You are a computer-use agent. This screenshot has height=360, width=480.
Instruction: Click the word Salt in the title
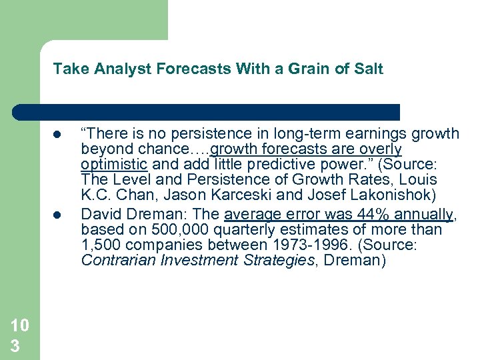pyautogui.click(x=369, y=69)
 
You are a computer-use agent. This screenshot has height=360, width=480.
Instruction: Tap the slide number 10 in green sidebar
pyautogui.click(x=19, y=326)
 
